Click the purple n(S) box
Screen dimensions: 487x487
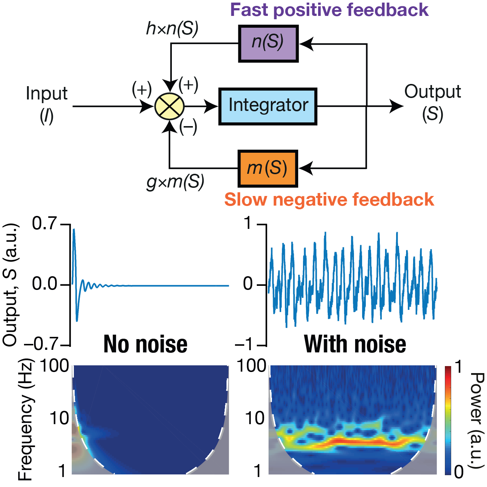pyautogui.click(x=268, y=43)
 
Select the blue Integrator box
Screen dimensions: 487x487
pyautogui.click(x=268, y=106)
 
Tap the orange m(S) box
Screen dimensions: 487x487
pyautogui.click(x=268, y=168)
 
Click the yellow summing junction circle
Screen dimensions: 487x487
pyautogui.click(x=169, y=106)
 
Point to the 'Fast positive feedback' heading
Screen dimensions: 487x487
pyautogui.click(x=329, y=10)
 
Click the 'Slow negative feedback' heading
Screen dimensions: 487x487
pyautogui.click(x=329, y=200)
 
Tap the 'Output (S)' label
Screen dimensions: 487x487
pyautogui.click(x=432, y=103)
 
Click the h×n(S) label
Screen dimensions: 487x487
pyautogui.click(x=172, y=29)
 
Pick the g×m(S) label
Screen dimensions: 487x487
pyautogui.click(x=175, y=182)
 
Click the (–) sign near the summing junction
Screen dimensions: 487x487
pyautogui.click(x=188, y=127)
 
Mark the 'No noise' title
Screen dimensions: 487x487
pyautogui.click(x=145, y=344)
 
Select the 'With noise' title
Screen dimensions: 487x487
pyautogui.click(x=355, y=344)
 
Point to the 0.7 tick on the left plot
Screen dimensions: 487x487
pyautogui.click(x=44, y=224)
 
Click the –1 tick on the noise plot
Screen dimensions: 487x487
pyautogui.click(x=244, y=345)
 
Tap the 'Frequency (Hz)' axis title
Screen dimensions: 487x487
pyautogui.click(x=25, y=419)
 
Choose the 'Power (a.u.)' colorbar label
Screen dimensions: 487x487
pyautogui.click(x=476, y=420)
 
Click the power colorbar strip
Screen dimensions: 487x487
pyautogui.click(x=448, y=420)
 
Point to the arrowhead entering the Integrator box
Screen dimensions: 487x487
pyautogui.click(x=212, y=106)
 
